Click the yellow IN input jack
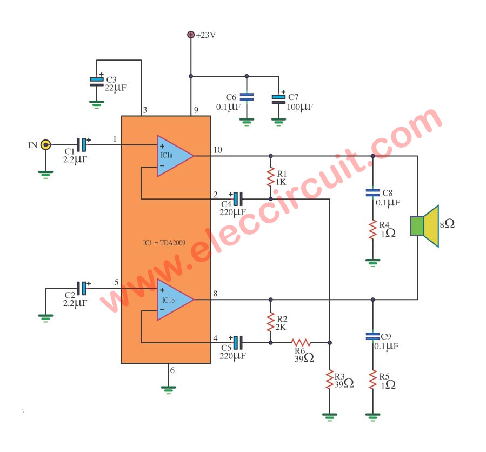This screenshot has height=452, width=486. click(46, 145)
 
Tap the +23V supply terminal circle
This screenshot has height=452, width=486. click(191, 35)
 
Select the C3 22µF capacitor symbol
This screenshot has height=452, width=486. click(97, 82)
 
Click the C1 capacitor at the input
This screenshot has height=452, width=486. click(82, 145)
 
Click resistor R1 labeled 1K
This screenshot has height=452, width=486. click(271, 177)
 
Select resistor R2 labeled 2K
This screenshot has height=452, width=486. click(271, 322)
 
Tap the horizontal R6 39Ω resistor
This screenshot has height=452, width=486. click(301, 343)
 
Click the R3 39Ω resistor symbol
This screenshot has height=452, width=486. click(329, 379)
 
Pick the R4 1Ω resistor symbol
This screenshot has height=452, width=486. click(372, 230)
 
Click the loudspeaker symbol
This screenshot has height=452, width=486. click(424, 226)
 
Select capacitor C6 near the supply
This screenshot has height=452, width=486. click(247, 97)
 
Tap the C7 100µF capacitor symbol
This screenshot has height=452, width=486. click(278, 99)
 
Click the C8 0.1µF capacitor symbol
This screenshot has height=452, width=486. click(372, 192)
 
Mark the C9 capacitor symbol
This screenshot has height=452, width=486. click(372, 336)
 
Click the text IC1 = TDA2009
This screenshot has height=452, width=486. click(164, 243)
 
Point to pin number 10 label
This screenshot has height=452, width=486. click(218, 150)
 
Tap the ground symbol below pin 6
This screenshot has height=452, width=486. click(168, 390)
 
